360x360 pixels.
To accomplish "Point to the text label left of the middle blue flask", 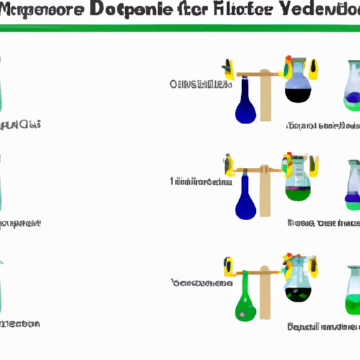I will [200, 181].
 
